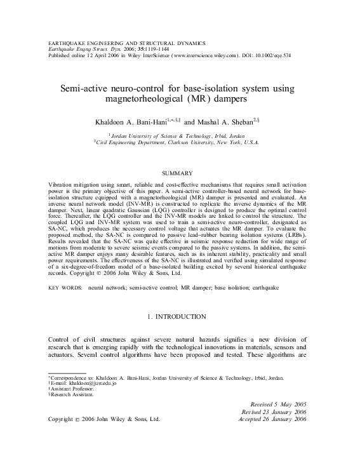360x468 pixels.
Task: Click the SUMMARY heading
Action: tap(180, 173)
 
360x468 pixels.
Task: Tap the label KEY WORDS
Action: tap(65, 288)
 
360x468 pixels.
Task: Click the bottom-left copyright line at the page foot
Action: tap(104, 420)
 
